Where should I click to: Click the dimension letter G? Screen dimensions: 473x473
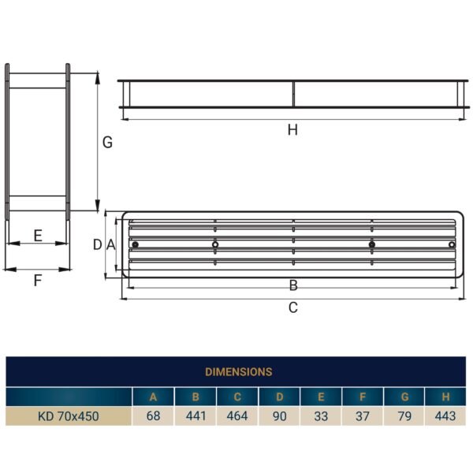coord(108,143)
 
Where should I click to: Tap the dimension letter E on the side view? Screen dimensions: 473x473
coord(37,235)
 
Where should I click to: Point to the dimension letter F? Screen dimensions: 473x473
coord(37,280)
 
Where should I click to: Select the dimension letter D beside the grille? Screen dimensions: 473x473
coord(98,244)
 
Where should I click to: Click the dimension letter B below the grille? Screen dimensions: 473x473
coord(292,285)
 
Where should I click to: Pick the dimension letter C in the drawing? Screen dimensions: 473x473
coord(292,307)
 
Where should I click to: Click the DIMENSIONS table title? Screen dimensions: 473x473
coord(238,371)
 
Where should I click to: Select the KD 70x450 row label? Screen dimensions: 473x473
coord(69,416)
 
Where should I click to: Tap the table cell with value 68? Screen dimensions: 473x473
coord(153,416)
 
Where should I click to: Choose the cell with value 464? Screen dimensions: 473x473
coord(236,416)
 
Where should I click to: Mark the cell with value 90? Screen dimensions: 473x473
coord(279,416)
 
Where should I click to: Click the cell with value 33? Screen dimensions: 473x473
coord(321,416)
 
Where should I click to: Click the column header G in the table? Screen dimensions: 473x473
coord(404,397)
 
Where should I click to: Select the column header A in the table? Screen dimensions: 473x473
coord(153,397)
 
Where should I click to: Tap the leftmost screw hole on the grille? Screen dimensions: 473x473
coord(136,244)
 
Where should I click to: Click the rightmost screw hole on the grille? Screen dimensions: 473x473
coord(451,244)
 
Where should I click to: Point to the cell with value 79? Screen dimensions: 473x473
coord(404,416)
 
